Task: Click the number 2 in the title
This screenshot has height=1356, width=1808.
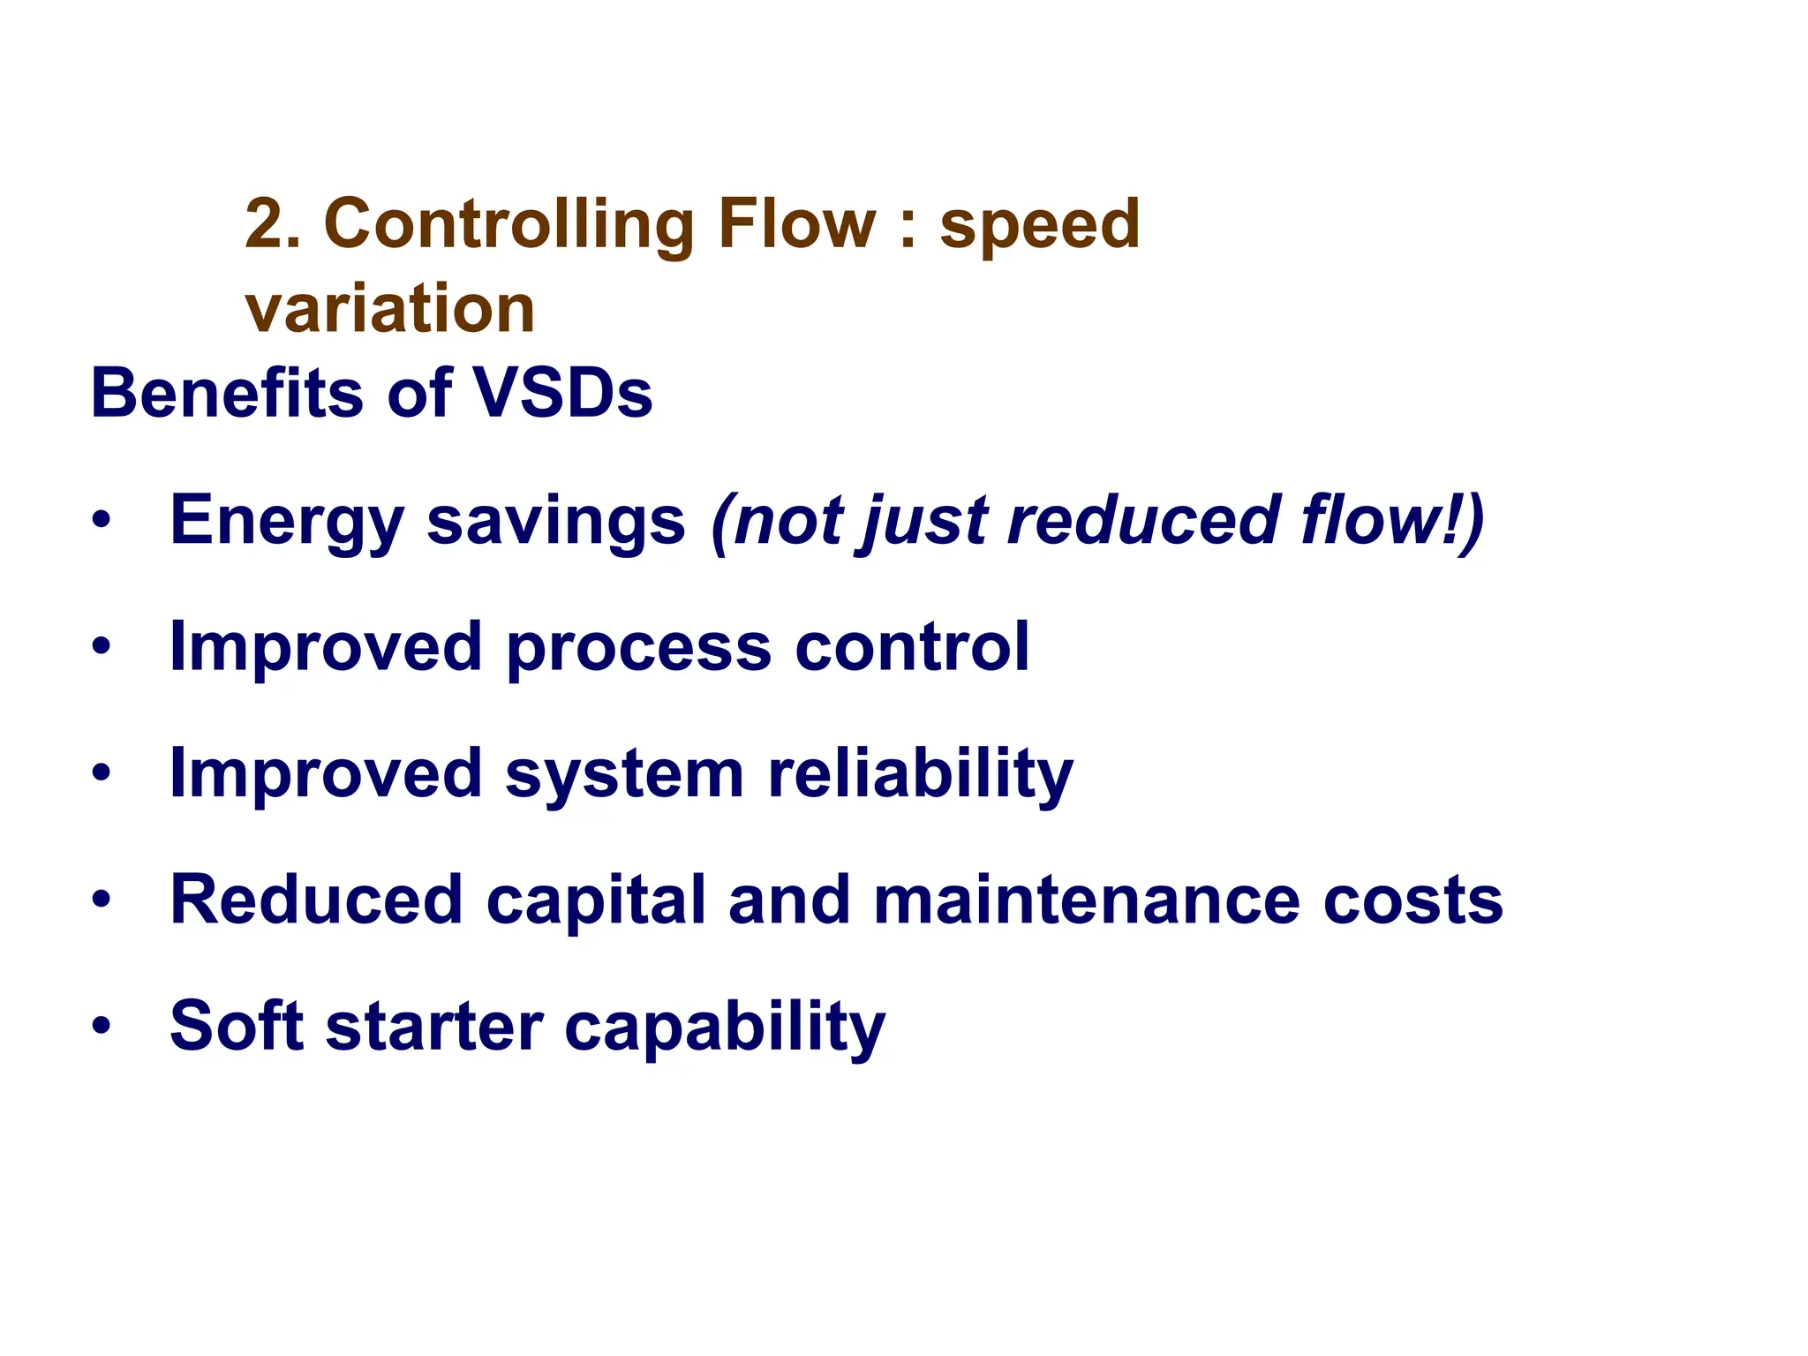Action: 262,223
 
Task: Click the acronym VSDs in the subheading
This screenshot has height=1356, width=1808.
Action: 563,393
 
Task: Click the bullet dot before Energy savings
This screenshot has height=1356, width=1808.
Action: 102,521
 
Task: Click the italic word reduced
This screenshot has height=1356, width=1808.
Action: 1143,521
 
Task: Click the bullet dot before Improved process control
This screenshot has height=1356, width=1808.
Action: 102,647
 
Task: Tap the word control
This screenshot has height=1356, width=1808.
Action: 912,647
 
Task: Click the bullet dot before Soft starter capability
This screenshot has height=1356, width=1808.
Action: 102,1027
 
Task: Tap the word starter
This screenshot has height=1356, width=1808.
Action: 434,1027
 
